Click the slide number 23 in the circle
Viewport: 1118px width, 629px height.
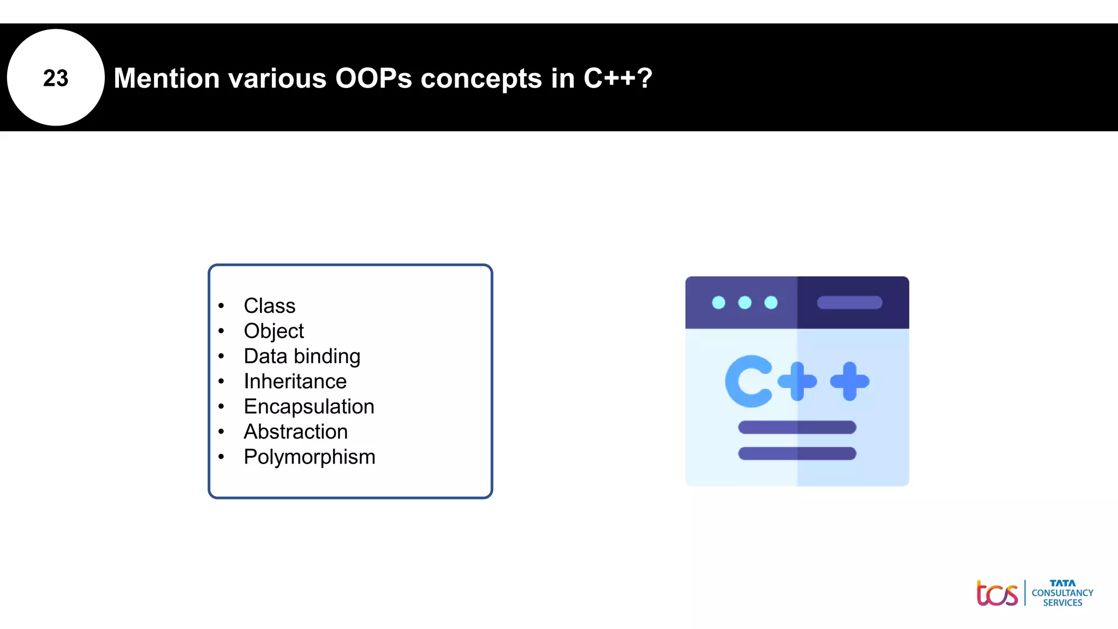[x=56, y=78]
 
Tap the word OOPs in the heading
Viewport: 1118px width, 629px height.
[x=373, y=78]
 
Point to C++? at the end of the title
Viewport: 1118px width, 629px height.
[x=617, y=78]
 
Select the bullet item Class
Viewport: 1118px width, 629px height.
[x=269, y=306]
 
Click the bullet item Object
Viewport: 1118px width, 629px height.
[x=273, y=331]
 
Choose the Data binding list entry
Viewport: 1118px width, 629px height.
[x=302, y=356]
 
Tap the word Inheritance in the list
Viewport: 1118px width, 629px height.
[x=295, y=381]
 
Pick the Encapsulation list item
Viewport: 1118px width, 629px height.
[x=309, y=406]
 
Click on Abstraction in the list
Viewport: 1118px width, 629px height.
[x=295, y=431]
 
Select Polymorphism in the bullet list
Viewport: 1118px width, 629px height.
[x=310, y=456]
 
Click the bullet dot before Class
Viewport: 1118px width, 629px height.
[x=221, y=306]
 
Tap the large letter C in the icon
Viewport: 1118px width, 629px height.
[x=748, y=381]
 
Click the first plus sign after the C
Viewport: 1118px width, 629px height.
[x=797, y=381]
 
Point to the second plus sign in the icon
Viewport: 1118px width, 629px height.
[x=849, y=381]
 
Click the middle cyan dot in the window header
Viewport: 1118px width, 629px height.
[x=745, y=302]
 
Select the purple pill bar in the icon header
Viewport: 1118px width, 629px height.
[x=849, y=302]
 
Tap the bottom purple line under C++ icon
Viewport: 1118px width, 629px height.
[x=797, y=453]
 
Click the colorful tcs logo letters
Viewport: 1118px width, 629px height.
[x=997, y=594]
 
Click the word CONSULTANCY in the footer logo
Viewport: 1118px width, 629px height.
[x=1062, y=593]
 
